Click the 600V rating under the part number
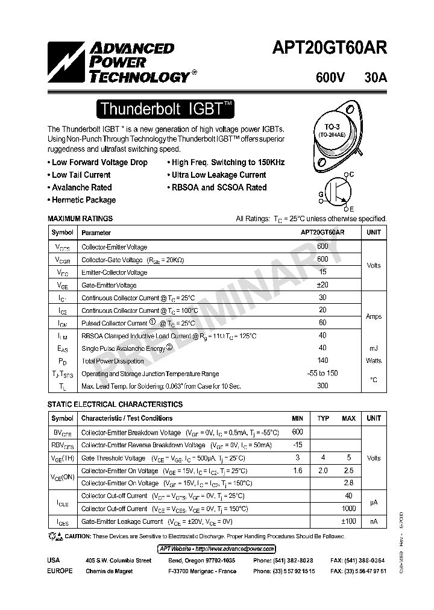[330, 78]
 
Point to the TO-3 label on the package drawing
[332, 127]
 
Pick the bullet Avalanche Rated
[80, 187]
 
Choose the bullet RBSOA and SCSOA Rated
[217, 187]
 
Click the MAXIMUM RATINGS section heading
[80, 219]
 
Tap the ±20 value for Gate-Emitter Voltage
[322, 285]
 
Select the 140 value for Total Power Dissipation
[322, 360]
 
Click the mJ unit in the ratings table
[374, 348]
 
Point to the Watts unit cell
[374, 360]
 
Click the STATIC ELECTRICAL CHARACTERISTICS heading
[115, 404]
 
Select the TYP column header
[324, 418]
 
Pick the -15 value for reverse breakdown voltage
[297, 445]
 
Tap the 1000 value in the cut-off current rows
[348, 508]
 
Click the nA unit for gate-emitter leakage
[374, 521]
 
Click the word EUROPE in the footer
[60, 570]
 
